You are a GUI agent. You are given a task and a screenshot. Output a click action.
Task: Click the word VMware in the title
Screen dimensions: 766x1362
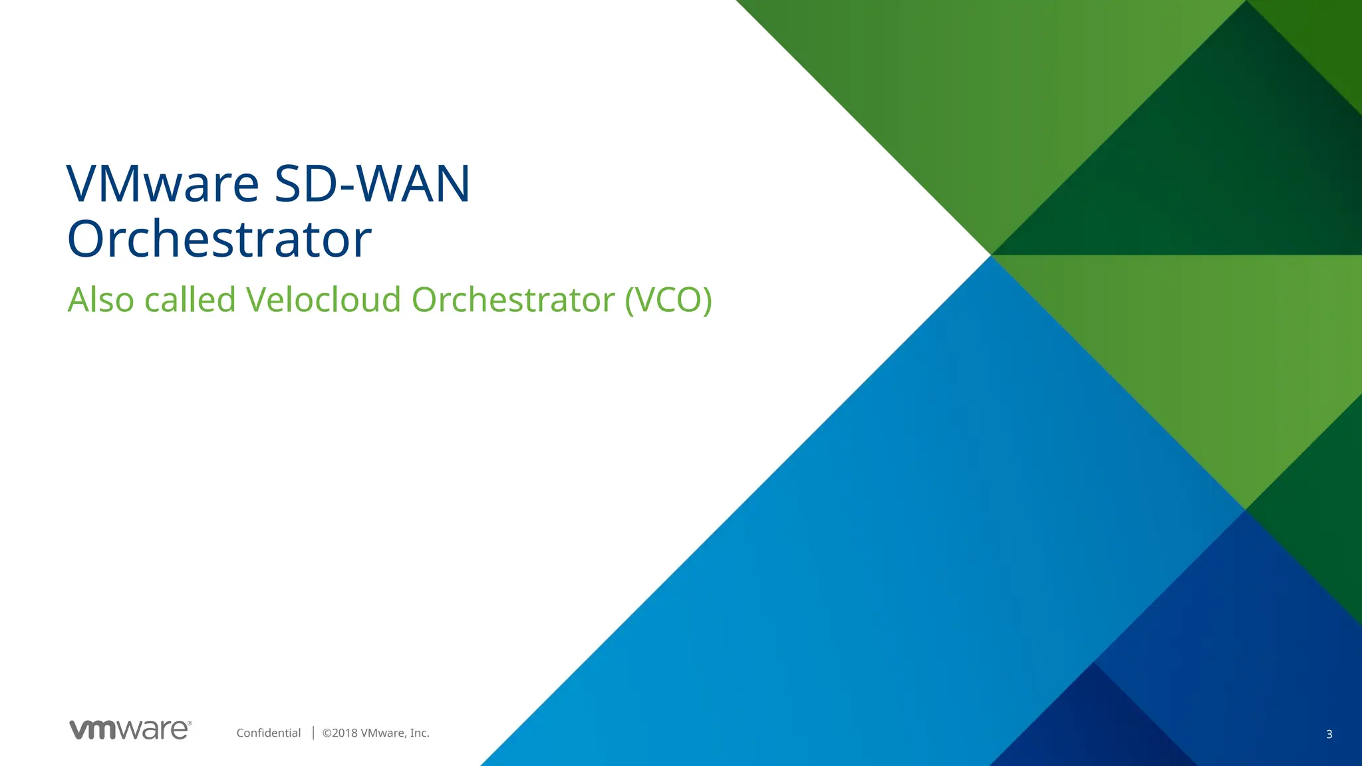(163, 184)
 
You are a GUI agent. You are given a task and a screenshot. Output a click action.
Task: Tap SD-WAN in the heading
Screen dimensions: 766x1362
(372, 184)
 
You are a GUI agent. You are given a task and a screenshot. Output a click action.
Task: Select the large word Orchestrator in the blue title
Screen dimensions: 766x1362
(219, 239)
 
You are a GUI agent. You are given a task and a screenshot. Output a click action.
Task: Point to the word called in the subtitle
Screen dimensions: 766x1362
(190, 300)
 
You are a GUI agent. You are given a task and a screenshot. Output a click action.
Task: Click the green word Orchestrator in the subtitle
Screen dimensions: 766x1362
(513, 300)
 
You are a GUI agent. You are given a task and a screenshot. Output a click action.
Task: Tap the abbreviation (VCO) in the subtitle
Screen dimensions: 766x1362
(668, 300)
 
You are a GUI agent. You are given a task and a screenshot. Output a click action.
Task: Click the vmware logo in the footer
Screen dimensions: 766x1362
(129, 729)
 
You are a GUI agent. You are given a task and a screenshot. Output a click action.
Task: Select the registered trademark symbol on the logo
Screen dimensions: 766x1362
(190, 723)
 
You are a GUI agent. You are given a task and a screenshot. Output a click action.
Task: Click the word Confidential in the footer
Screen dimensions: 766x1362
(269, 733)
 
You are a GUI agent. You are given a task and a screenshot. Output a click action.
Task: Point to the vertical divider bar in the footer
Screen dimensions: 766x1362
(313, 733)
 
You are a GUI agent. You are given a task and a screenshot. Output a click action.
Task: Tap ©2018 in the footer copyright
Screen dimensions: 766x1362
(339, 733)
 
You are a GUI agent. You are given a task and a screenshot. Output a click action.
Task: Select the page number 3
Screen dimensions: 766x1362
(1329, 734)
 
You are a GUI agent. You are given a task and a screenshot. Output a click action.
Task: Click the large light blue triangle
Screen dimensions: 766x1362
(865, 565)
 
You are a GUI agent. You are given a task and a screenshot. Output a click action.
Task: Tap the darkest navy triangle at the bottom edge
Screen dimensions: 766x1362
(1094, 731)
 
